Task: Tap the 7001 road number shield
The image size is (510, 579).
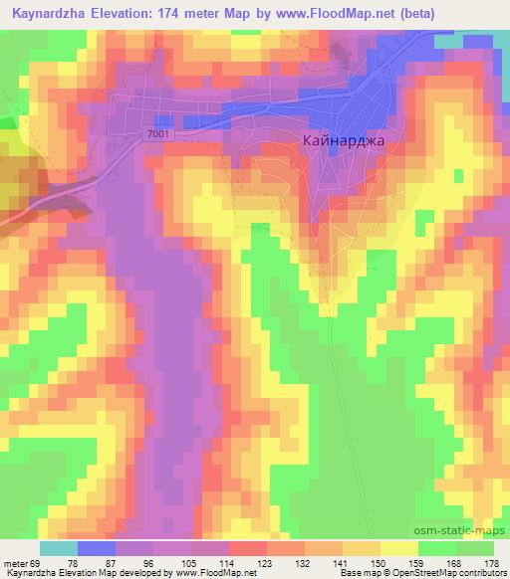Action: point(157,133)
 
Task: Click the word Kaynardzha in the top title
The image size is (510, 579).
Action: point(50,11)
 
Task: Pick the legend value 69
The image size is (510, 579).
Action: point(37,562)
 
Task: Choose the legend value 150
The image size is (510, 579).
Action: point(368,562)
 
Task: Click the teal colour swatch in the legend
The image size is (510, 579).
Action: point(59,549)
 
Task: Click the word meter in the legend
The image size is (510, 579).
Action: point(17,562)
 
